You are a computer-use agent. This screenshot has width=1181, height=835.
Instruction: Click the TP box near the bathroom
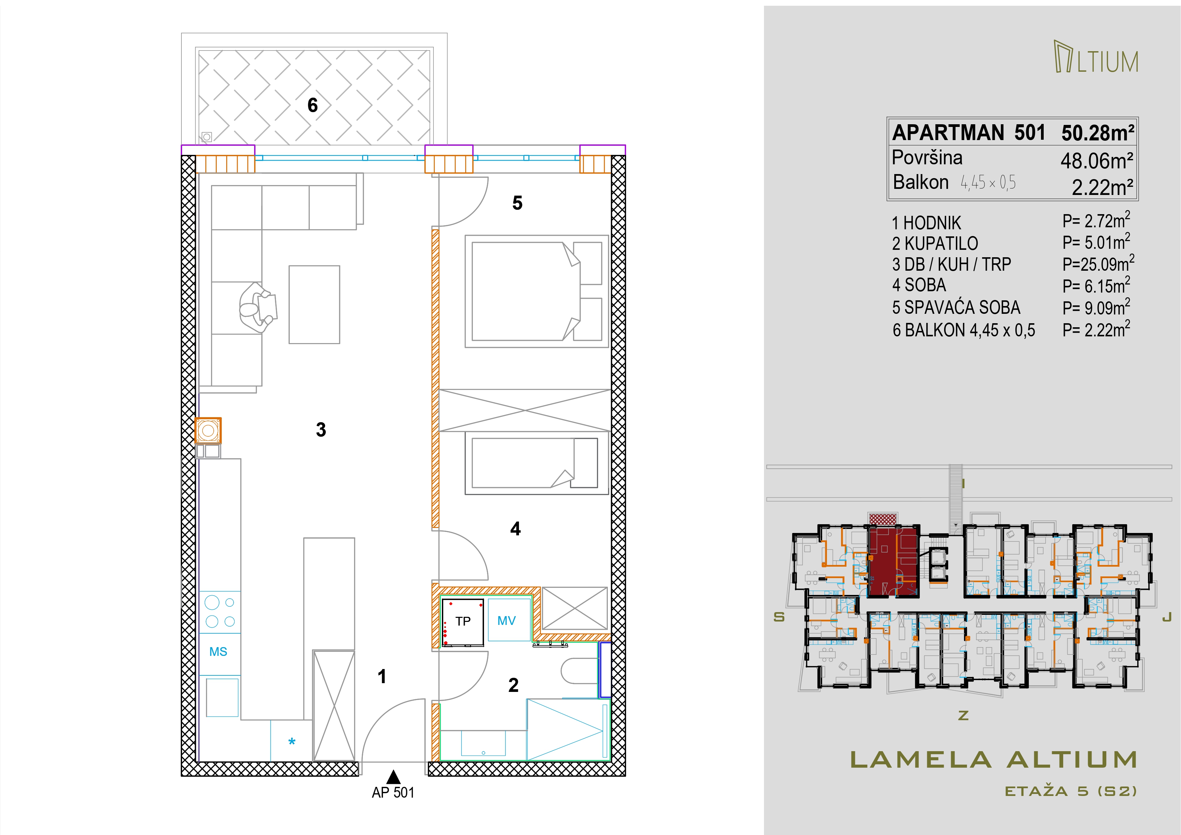pos(463,622)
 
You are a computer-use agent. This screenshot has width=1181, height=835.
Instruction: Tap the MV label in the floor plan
pos(507,621)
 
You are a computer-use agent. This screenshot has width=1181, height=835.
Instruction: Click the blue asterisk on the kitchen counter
pos(292,742)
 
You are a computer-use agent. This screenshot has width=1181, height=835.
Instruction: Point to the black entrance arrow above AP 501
pos(393,776)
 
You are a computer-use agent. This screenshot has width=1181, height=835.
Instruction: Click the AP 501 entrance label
pos(393,793)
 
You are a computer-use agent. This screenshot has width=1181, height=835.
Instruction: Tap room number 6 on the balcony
pos(313,105)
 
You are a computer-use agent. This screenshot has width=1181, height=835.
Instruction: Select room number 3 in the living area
pos(321,430)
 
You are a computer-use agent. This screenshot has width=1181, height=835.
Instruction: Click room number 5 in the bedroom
pos(517,203)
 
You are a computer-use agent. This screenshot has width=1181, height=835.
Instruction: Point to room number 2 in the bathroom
pos(513,685)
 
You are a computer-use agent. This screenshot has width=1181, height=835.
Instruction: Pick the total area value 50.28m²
pos(1098,133)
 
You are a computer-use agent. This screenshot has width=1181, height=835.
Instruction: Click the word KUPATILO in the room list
pos(941,243)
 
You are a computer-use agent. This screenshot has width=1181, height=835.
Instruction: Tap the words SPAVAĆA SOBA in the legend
pos(962,308)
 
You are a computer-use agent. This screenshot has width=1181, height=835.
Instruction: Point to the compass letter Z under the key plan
pos(964,715)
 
